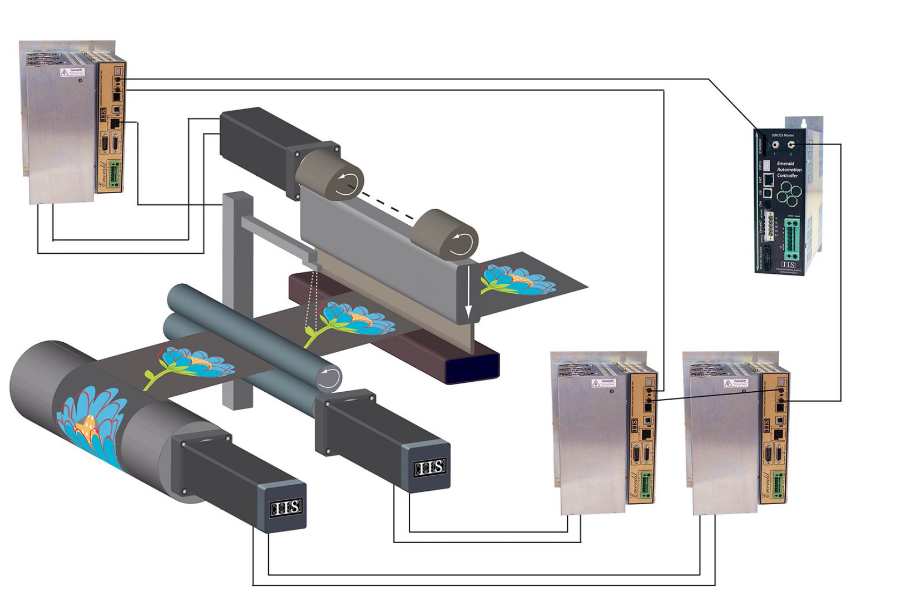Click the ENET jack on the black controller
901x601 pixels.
(x=768, y=179)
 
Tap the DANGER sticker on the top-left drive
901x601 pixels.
(x=72, y=72)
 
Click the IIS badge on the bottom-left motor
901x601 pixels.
(x=286, y=507)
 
